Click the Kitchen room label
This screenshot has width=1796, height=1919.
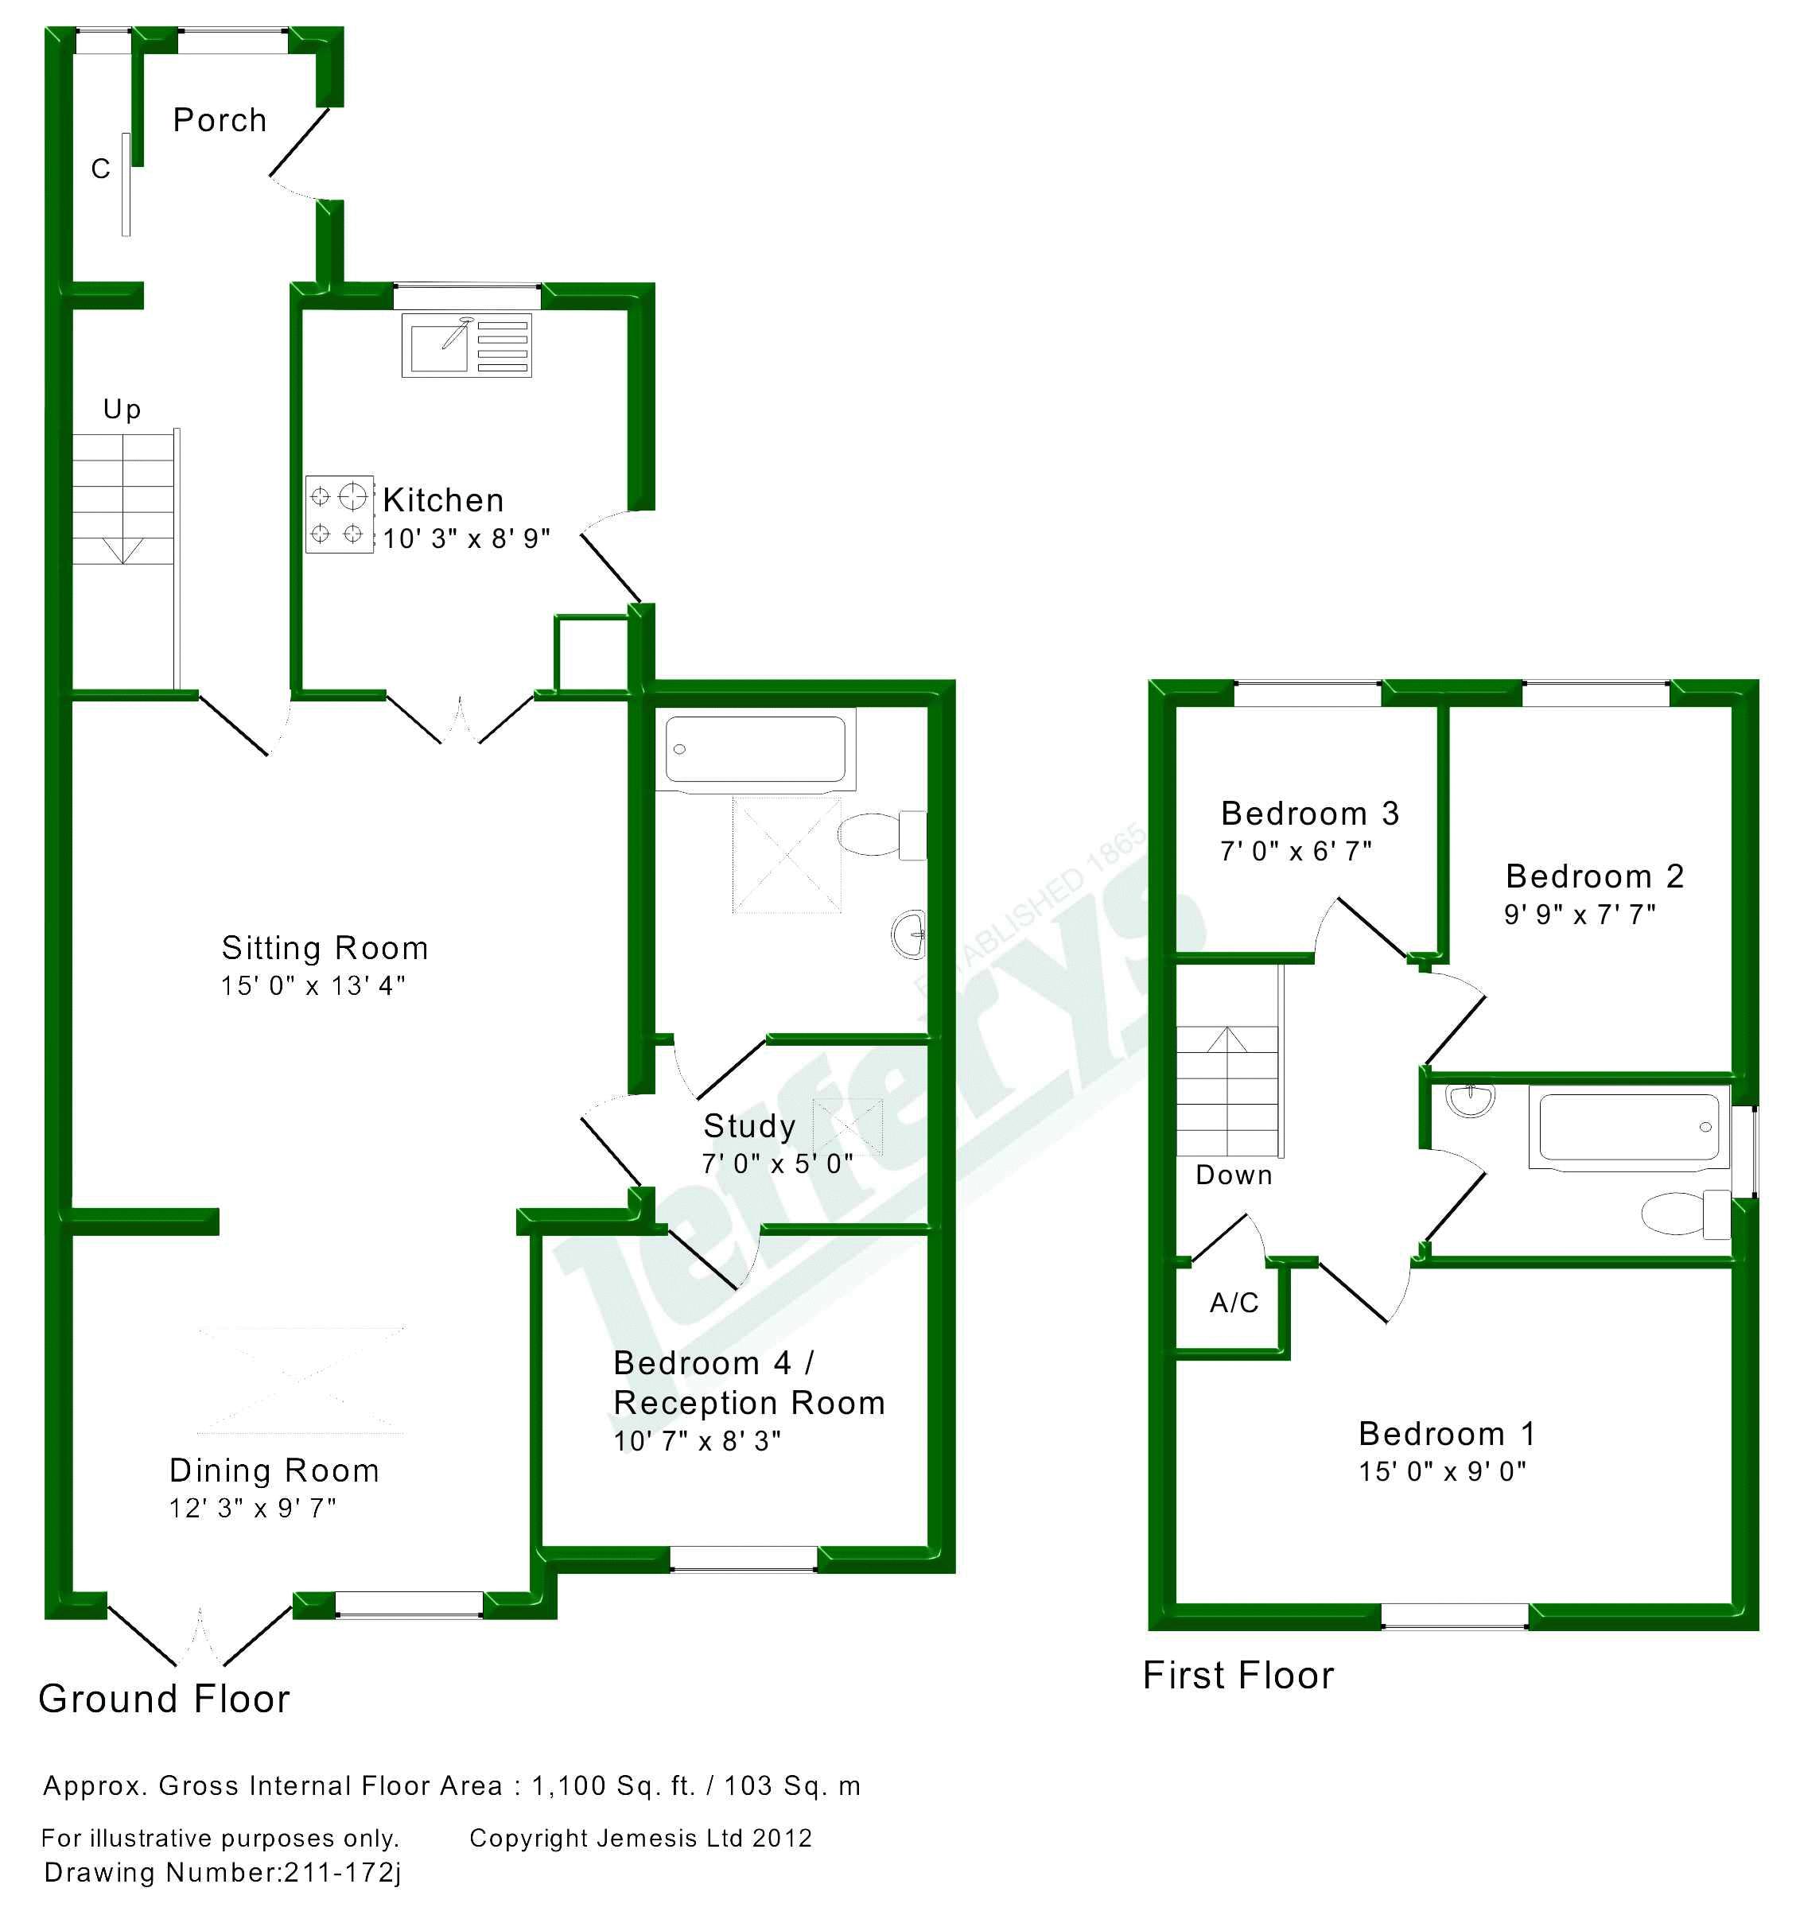pos(443,500)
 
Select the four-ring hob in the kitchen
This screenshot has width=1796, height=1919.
pos(339,515)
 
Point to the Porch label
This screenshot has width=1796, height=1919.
pos(220,121)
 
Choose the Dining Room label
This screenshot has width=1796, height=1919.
pos(274,1470)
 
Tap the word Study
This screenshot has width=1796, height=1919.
pos(749,1125)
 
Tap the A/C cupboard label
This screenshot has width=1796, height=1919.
pos(1234,1303)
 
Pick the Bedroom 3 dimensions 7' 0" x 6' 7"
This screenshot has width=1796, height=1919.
pos(1296,852)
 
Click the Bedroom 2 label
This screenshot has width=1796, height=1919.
pos(1594,876)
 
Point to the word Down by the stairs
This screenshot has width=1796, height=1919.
pos(1234,1175)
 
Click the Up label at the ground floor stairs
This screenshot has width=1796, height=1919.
pos(122,410)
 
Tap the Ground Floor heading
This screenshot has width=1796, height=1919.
pos(164,1700)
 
